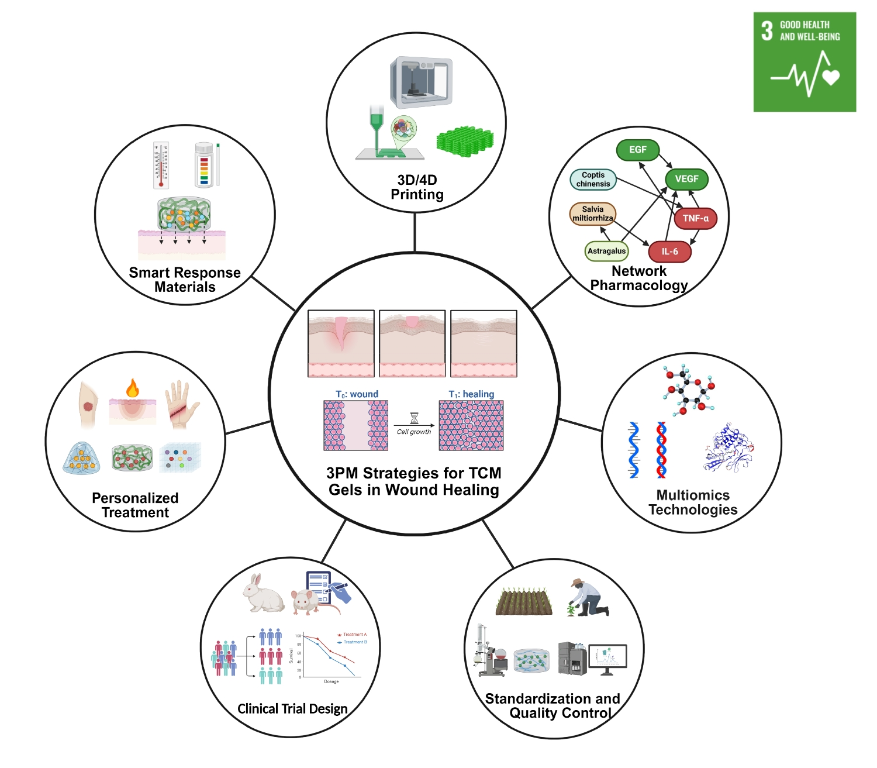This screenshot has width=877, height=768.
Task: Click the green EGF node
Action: (638, 150)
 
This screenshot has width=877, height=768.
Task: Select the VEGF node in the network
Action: (686, 179)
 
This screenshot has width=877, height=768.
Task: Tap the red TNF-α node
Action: (695, 218)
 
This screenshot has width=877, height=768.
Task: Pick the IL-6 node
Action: (669, 252)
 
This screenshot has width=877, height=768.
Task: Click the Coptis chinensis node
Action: (593, 180)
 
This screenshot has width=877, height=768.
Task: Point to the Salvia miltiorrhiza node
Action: (593, 213)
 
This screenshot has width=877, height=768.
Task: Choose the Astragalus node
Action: (606, 251)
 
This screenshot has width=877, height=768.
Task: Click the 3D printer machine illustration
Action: (421, 82)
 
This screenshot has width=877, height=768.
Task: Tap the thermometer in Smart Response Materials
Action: (161, 165)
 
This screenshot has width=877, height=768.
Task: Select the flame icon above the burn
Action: (133, 388)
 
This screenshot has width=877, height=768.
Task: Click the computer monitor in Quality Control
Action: (607, 658)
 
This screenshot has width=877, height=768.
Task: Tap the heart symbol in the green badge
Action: (831, 77)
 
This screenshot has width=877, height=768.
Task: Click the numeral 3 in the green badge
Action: (767, 30)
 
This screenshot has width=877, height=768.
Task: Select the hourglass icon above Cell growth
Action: (414, 418)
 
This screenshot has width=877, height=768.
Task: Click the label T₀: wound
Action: (357, 394)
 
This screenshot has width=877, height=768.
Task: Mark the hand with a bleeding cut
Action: (182, 403)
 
